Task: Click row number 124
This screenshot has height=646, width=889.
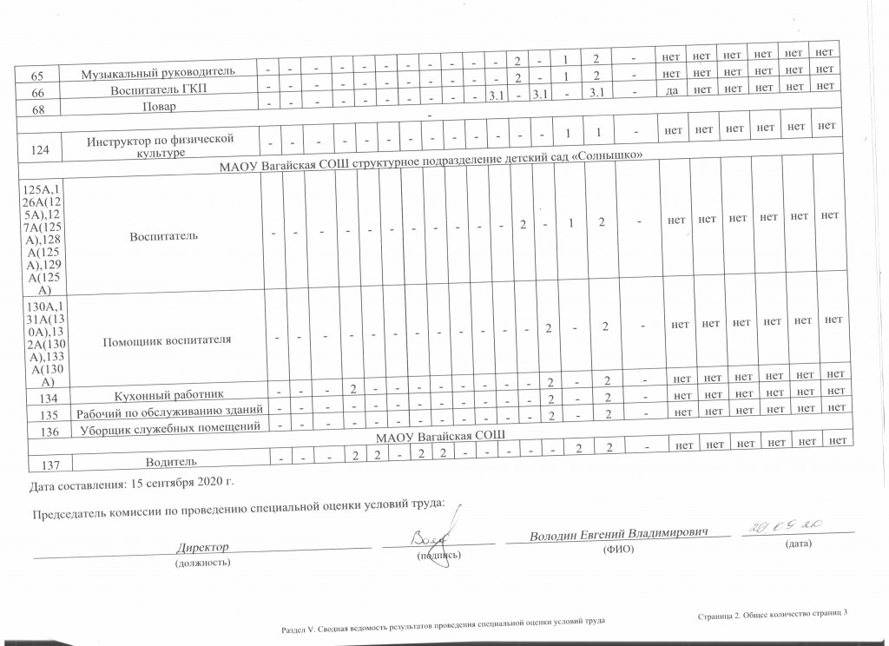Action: (38, 150)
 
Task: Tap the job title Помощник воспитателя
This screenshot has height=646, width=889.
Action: (168, 339)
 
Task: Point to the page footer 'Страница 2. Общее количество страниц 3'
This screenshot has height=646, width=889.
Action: (772, 615)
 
